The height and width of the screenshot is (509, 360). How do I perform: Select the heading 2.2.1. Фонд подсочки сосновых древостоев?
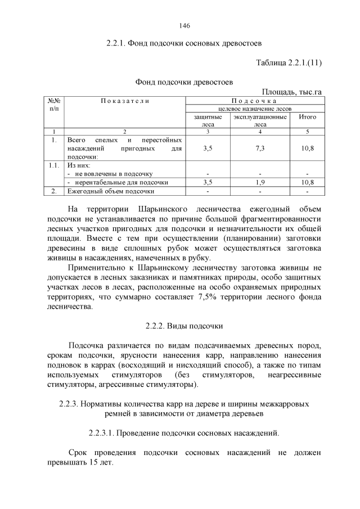coord(184,43)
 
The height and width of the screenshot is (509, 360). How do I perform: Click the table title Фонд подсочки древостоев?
coord(184,82)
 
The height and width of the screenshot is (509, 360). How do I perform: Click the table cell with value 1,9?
coord(260,182)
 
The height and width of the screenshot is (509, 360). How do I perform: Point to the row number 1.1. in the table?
coord(54,166)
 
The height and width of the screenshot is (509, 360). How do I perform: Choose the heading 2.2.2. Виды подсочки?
coord(184,326)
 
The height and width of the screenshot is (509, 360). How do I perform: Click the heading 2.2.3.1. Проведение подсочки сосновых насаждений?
coord(184,433)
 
